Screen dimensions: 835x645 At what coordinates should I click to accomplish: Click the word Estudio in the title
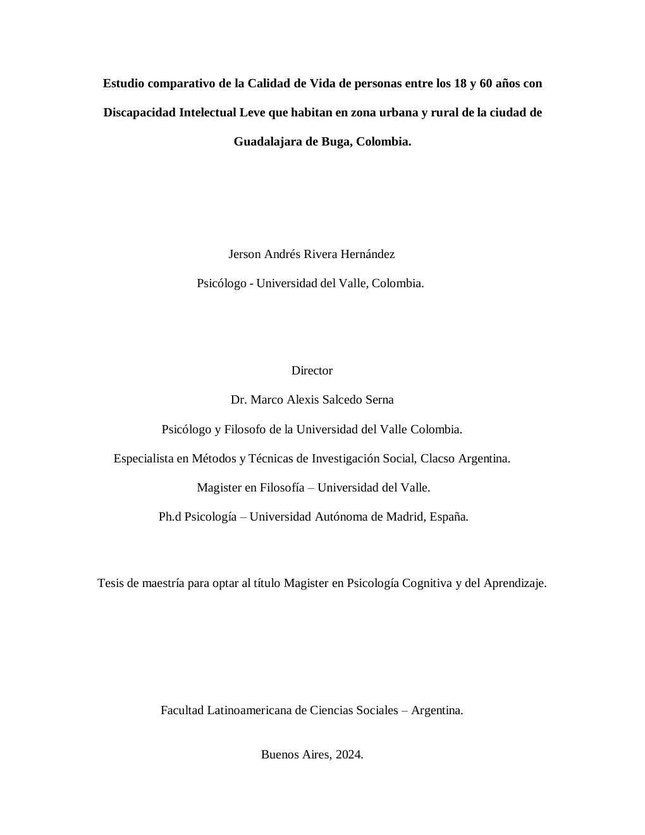[x=123, y=83]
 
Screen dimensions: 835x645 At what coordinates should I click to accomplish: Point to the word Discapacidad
[x=139, y=113]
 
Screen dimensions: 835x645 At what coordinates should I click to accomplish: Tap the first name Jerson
[x=244, y=254]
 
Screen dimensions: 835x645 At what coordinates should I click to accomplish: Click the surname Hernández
[x=368, y=254]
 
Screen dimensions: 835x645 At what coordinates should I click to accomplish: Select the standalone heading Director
[x=312, y=371]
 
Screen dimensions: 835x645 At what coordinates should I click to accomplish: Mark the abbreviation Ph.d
[x=170, y=517]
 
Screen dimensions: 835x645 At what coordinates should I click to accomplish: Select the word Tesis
[x=111, y=583]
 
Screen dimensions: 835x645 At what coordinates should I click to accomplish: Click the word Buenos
[x=279, y=755]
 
